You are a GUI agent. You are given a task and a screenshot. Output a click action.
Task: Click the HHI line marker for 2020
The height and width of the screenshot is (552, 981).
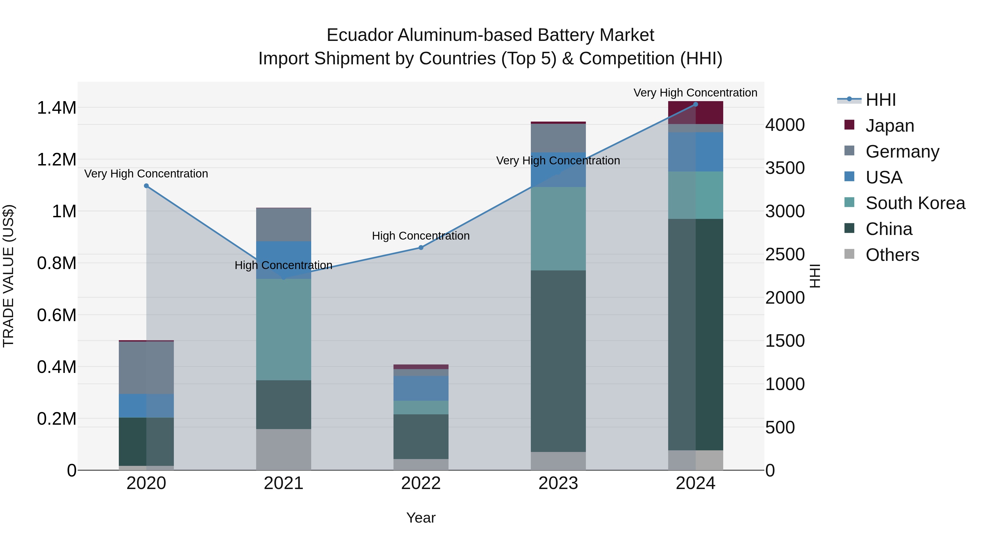click(146, 186)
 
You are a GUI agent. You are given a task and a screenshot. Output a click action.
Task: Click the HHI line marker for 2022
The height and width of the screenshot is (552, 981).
click(421, 248)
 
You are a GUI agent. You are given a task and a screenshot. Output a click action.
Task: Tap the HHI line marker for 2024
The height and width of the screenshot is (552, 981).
click(695, 104)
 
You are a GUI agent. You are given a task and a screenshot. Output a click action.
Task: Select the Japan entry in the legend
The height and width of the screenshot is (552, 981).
click(890, 126)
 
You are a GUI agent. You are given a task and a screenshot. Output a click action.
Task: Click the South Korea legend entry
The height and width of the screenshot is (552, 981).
click(915, 203)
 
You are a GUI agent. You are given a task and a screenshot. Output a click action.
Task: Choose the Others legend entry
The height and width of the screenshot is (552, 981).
click(892, 255)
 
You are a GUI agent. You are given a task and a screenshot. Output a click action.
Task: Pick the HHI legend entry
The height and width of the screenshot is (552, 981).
click(880, 100)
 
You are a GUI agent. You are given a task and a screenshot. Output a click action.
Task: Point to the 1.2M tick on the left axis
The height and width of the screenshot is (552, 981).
click(57, 160)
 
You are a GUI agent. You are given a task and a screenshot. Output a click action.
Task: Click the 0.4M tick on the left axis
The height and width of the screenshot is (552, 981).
click(57, 367)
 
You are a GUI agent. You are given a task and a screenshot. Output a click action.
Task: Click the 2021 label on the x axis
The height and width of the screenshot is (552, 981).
click(283, 483)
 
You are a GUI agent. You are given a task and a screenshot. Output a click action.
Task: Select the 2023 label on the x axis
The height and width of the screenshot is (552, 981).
click(558, 483)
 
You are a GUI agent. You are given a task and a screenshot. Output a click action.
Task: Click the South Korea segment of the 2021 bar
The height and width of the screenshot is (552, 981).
click(283, 330)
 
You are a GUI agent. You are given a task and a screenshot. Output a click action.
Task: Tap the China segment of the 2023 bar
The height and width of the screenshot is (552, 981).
click(558, 361)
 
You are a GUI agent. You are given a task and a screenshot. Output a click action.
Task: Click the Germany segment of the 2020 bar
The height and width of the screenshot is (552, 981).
click(146, 368)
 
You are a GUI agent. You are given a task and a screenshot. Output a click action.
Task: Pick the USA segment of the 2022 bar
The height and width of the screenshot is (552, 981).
click(421, 388)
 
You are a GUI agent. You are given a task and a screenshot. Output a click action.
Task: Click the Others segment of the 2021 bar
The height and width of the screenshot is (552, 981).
click(283, 450)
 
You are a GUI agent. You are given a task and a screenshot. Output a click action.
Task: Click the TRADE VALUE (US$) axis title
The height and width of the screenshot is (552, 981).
click(8, 276)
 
